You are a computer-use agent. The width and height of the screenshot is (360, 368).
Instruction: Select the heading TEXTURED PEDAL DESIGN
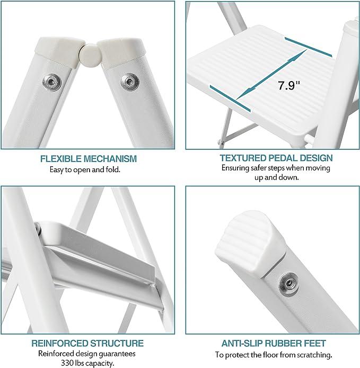pyautogui.click(x=276, y=158)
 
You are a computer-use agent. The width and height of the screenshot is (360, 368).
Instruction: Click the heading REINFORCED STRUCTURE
pyautogui.click(x=87, y=343)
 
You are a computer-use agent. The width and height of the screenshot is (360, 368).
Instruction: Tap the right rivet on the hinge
pyautogui.click(x=128, y=81)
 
